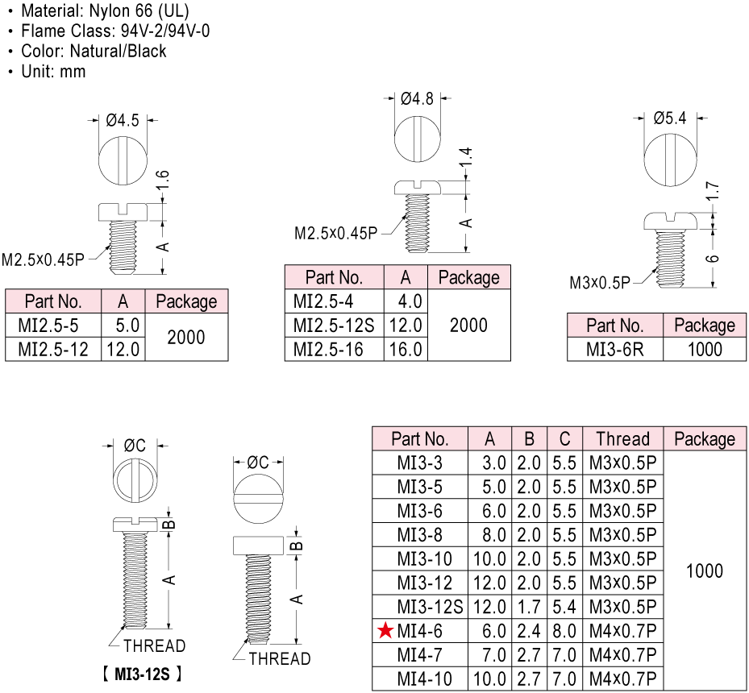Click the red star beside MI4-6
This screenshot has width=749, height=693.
click(x=386, y=630)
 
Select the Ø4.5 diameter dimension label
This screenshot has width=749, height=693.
click(x=123, y=120)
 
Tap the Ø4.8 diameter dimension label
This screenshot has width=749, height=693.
click(x=417, y=99)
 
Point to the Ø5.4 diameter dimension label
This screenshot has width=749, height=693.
click(x=669, y=118)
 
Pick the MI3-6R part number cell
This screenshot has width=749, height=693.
click(x=614, y=349)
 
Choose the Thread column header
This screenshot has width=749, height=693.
click(x=622, y=439)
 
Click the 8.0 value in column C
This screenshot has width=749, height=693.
click(x=564, y=630)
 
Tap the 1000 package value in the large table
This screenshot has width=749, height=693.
click(x=704, y=571)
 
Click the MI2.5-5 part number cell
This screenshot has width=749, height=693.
click(x=53, y=326)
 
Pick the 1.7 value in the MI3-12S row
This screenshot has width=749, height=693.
click(x=529, y=606)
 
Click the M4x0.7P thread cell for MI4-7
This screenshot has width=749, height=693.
click(x=622, y=654)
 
